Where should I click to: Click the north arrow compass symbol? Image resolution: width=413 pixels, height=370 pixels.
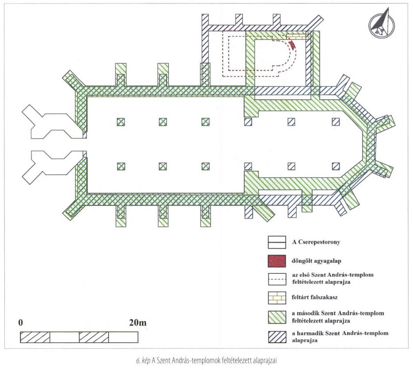(x=382, y=24)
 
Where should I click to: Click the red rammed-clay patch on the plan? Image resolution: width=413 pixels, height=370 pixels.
(x=292, y=45)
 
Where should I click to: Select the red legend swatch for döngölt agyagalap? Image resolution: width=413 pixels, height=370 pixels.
(x=277, y=261)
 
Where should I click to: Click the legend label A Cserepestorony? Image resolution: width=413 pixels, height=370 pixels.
(x=316, y=242)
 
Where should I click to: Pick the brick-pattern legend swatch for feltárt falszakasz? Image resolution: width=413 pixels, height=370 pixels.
(x=277, y=298)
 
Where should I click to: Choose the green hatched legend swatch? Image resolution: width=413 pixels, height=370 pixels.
(x=277, y=317)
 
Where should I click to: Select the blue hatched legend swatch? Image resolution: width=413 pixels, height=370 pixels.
(x=277, y=337)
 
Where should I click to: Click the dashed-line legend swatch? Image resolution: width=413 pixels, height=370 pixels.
(x=277, y=279)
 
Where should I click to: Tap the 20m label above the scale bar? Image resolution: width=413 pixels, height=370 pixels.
(x=138, y=323)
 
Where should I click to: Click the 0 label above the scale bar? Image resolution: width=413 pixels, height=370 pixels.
(x=20, y=323)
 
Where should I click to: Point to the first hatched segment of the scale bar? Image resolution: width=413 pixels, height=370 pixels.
(x=35, y=337)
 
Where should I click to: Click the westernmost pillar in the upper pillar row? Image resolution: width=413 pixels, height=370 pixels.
(x=121, y=122)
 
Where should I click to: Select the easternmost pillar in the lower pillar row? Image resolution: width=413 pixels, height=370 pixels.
(x=336, y=166)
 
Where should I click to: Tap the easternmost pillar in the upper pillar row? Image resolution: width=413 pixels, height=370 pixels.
(x=336, y=122)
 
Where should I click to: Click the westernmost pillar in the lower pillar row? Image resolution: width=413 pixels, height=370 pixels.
(x=121, y=166)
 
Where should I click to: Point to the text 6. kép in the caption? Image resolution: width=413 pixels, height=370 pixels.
(x=143, y=361)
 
